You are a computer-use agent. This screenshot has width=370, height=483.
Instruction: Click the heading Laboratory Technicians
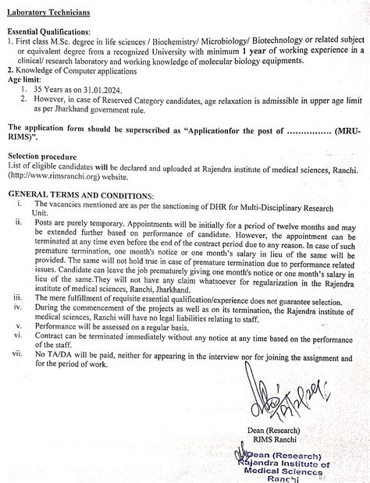coord(48,12)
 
